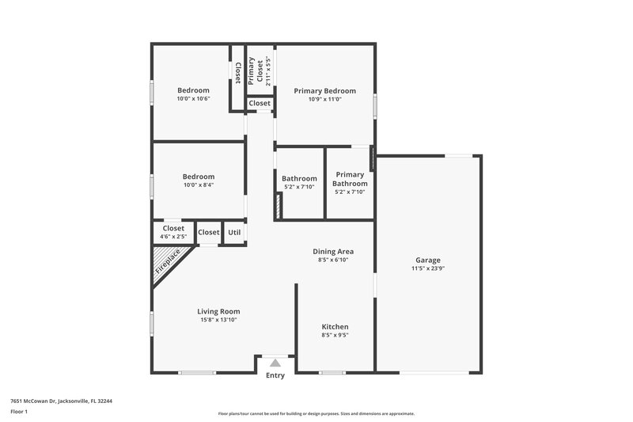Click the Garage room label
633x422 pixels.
(428, 260)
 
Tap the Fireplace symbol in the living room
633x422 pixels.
(168, 261)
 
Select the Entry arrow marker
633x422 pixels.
(275, 363)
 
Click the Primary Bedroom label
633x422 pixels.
(324, 91)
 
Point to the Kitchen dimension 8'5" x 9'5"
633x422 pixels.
(335, 336)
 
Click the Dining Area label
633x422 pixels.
(333, 251)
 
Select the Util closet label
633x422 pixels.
(234, 233)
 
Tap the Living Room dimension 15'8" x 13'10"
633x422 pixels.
(218, 320)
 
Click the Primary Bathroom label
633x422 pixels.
(351, 179)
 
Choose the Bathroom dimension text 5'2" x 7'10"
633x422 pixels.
(299, 188)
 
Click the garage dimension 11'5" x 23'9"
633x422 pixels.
(428, 268)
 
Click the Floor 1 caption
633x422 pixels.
(18, 412)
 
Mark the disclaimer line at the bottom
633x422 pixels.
(316, 413)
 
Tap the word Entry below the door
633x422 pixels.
(275, 376)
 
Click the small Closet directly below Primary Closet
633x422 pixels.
(260, 104)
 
